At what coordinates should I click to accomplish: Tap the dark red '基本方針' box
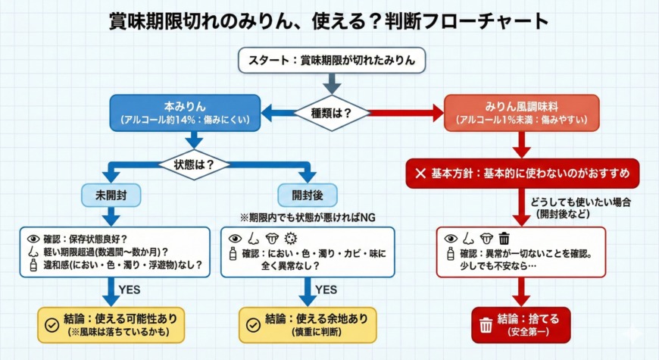point(523,174)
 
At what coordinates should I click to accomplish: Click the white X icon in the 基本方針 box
point(420,174)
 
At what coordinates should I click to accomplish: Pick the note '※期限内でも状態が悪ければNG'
point(308,217)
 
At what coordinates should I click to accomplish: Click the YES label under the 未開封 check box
point(130,288)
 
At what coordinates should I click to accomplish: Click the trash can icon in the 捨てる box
point(486,325)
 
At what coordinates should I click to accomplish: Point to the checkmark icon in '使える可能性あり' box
point(52,324)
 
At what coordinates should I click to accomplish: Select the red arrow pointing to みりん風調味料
point(408,113)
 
